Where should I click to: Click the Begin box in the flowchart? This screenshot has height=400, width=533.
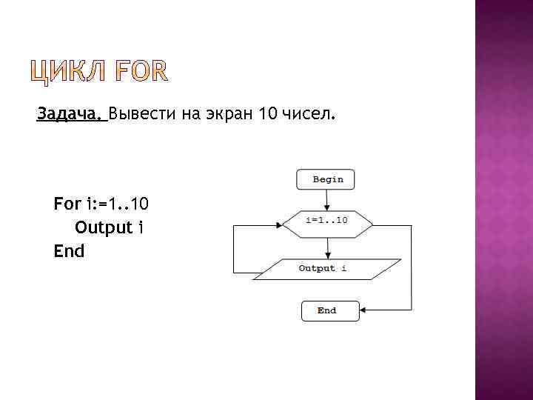(326, 179)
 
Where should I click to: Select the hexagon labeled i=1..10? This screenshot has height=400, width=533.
(326, 221)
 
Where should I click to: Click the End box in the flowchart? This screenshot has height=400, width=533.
(329, 310)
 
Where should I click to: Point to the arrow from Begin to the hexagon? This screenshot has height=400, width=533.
(326, 198)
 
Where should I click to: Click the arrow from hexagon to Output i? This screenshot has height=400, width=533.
(326, 247)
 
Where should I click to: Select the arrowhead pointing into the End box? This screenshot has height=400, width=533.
(363, 310)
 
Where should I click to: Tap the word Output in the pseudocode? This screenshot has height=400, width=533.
(104, 227)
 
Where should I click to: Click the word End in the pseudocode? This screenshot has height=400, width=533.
(69, 251)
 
